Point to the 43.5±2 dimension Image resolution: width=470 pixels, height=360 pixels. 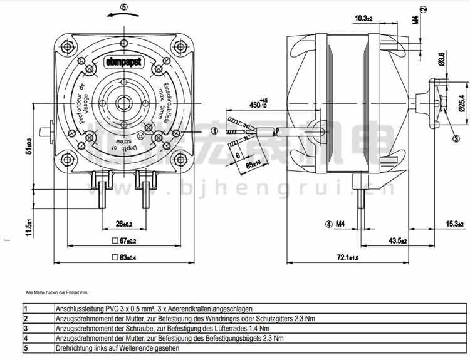(x=398, y=241)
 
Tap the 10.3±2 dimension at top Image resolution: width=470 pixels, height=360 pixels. (x=363, y=19)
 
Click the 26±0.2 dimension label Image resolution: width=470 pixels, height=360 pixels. (x=123, y=224)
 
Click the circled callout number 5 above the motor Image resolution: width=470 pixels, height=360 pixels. (x=124, y=7)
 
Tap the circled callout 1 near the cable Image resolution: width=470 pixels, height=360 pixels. (x=214, y=131)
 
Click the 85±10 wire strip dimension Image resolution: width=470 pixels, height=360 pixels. (x=253, y=164)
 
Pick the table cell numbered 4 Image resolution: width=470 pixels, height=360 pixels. (x=26, y=339)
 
